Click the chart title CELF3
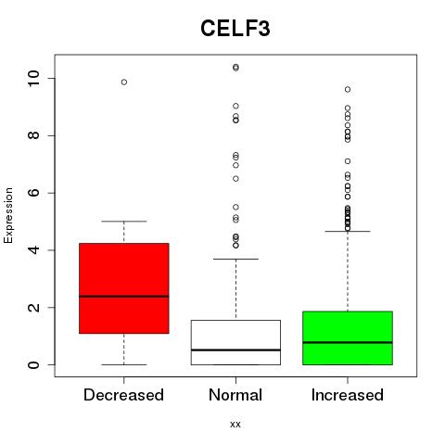(x=235, y=29)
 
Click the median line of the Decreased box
(x=124, y=296)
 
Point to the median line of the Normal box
(x=235, y=350)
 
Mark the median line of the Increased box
(x=348, y=342)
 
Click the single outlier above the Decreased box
(x=124, y=82)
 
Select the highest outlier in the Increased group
(x=348, y=90)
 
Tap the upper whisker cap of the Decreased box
(x=124, y=222)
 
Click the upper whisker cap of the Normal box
(x=235, y=259)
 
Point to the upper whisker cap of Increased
(x=348, y=231)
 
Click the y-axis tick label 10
(x=34, y=78)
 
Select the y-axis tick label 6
(x=34, y=193)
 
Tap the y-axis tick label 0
(x=34, y=364)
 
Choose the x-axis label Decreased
(x=123, y=395)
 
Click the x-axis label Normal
(x=235, y=395)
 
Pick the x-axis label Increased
(x=348, y=395)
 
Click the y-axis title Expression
(x=8, y=215)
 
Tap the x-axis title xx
(x=235, y=425)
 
